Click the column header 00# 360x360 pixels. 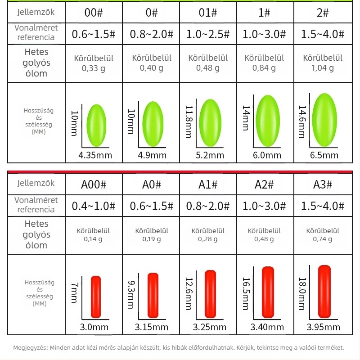click(x=94, y=13)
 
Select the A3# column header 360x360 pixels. click(x=323, y=184)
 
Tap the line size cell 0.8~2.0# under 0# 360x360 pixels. click(x=152, y=34)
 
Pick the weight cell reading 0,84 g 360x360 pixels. click(x=264, y=63)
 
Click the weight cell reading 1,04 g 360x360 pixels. click(x=323, y=63)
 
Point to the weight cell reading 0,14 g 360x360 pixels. click(x=93, y=235)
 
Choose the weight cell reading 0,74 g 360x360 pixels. click(x=323, y=235)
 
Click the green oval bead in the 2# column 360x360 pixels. click(x=324, y=120)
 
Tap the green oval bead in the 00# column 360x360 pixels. click(x=96, y=126)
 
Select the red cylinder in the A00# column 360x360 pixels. click(x=96, y=297)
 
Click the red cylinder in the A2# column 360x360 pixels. click(x=268, y=292)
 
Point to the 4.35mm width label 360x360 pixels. click(x=95, y=155)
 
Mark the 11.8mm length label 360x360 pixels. click(x=189, y=121)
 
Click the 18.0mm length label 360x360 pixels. click(x=302, y=294)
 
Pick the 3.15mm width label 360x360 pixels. click(x=152, y=327)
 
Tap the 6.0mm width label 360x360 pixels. click(x=267, y=155)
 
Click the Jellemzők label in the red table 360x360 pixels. click(x=36, y=184)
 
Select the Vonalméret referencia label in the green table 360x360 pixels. click(x=36, y=32)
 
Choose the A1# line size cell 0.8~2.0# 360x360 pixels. click(x=208, y=206)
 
